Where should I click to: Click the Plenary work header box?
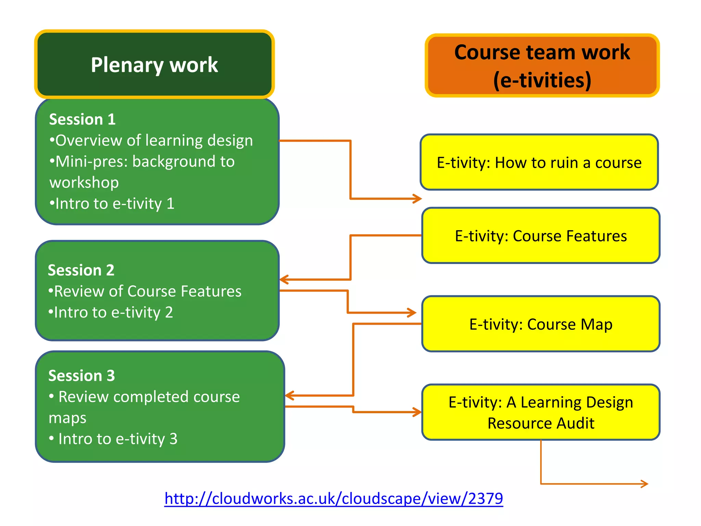154,64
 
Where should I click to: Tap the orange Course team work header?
542,65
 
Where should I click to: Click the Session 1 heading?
82,119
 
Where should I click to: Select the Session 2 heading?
81,270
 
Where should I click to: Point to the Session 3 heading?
81,376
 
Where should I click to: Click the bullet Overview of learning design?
151,140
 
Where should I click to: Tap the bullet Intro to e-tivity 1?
112,203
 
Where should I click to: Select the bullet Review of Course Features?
145,291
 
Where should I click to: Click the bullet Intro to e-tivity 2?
111,312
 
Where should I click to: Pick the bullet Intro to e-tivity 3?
114,439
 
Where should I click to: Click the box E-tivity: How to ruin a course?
539,162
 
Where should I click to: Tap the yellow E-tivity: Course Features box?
541,236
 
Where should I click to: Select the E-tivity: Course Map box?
541,324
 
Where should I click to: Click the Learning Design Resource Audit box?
541,412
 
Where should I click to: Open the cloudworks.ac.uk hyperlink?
333,498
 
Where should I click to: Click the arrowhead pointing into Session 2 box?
284,279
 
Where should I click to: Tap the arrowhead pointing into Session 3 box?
290,396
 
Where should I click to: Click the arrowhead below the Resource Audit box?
645,484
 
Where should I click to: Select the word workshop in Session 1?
84,183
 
